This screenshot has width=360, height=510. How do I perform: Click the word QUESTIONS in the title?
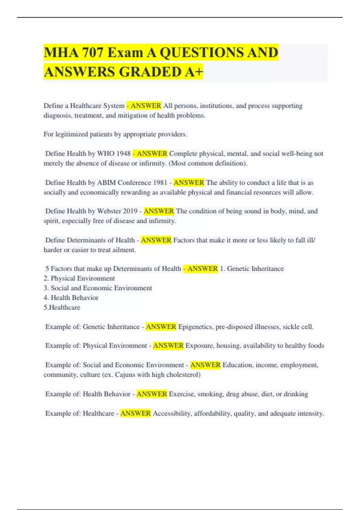[202, 53]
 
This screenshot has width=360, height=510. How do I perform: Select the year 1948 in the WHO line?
[123, 154]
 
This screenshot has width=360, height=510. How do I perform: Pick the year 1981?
[160, 183]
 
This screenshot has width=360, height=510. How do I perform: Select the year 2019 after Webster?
[130, 211]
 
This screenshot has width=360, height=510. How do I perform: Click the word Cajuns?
[125, 375]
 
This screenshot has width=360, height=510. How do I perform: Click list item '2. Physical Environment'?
[79, 278]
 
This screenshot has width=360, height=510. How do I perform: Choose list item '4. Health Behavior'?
[71, 298]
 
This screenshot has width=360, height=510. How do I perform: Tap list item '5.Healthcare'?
[62, 307]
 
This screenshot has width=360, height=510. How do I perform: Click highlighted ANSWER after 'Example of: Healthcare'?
[135, 413]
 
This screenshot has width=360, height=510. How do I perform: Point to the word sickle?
[291, 327]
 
